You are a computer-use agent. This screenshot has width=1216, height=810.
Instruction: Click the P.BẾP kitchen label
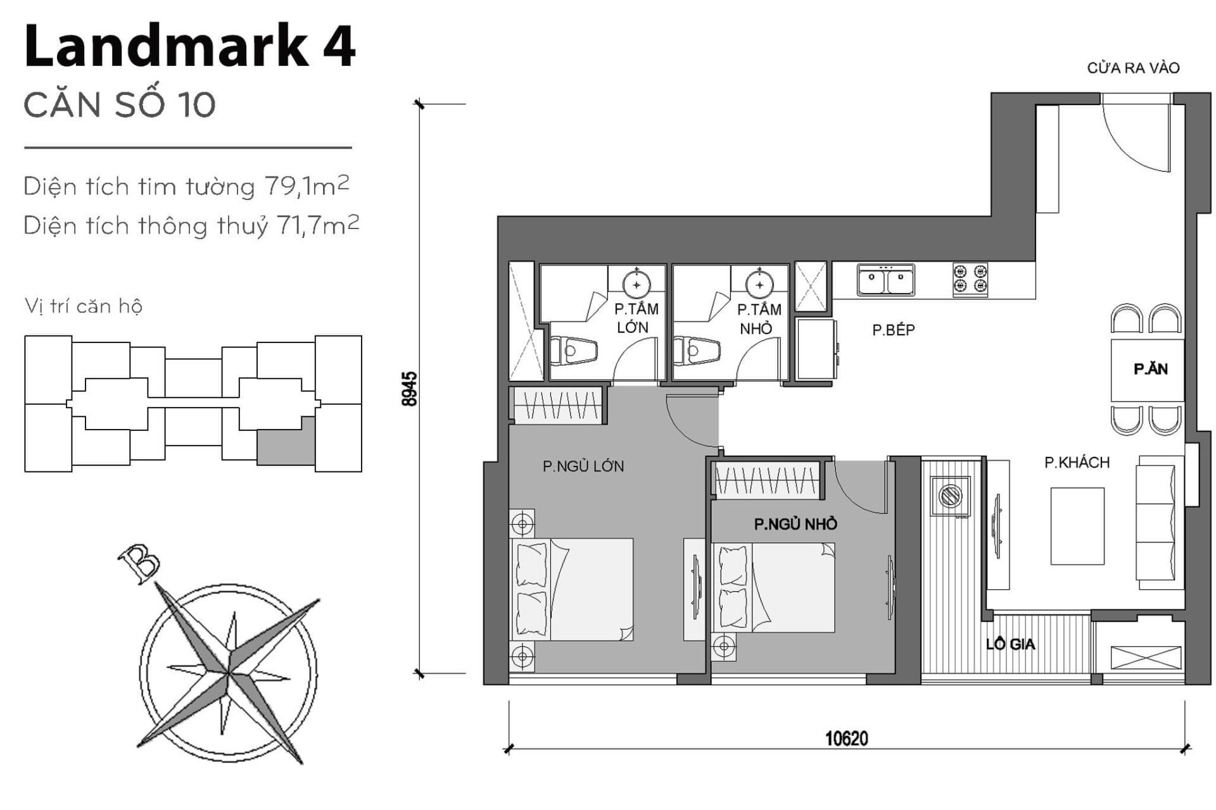[x=893, y=330]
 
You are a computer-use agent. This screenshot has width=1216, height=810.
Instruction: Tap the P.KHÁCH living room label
[x=1077, y=463]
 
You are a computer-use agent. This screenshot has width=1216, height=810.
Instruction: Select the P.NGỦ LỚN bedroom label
[x=583, y=466]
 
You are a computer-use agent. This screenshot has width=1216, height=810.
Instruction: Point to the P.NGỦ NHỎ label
[x=795, y=524]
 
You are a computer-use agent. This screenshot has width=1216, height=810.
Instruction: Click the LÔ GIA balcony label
[x=1010, y=644]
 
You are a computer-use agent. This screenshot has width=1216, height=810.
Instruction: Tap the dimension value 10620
[x=846, y=738]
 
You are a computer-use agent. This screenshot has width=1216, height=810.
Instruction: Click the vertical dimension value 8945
[x=410, y=389]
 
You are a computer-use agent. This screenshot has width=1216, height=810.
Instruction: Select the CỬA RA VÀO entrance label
[x=1133, y=68]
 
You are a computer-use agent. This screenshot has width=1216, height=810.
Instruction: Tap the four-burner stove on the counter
[x=970, y=279]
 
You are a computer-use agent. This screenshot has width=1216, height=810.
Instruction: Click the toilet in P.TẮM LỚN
[x=574, y=351]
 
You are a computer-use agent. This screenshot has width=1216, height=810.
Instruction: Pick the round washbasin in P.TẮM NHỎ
[x=759, y=285]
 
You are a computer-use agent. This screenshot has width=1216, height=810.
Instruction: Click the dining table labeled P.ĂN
[x=1148, y=370]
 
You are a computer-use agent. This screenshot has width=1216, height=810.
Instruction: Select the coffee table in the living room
[x=1077, y=526]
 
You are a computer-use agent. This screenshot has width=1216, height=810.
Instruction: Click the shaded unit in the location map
[x=286, y=441]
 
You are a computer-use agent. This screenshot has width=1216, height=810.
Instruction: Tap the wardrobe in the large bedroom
[x=557, y=405]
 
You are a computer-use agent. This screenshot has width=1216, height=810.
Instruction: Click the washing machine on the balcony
[x=949, y=495]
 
